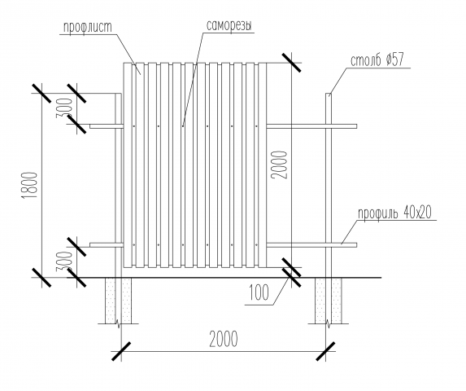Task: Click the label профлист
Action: [x=88, y=27]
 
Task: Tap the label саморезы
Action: [x=229, y=25]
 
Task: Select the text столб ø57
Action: [x=377, y=60]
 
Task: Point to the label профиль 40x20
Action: [x=394, y=213]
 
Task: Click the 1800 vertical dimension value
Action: [x=30, y=186]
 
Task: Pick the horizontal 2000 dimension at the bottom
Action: [x=224, y=339]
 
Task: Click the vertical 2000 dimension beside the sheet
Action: [x=280, y=165]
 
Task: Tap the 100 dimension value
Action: [x=259, y=292]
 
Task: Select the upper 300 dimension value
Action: [x=65, y=108]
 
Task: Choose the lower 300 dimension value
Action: [x=64, y=261]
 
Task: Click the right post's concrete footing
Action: [x=329, y=301]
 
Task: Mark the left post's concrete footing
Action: [x=118, y=301]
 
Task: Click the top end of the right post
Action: [x=328, y=94]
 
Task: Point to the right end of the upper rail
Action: [x=356, y=126]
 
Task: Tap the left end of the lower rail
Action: [x=90, y=245]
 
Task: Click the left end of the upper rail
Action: [x=90, y=126]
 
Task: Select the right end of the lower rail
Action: [x=356, y=245]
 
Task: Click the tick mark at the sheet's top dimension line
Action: [x=291, y=63]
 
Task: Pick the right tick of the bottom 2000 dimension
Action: [x=326, y=351]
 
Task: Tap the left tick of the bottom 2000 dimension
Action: [x=121, y=351]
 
